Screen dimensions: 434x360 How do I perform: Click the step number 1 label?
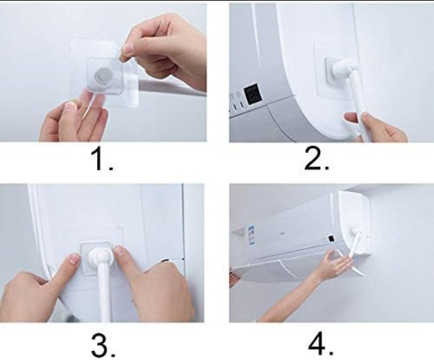pyautogui.click(x=101, y=158)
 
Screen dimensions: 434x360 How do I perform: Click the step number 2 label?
pyautogui.click(x=317, y=158)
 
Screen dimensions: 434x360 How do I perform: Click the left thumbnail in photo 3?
pyautogui.click(x=75, y=259)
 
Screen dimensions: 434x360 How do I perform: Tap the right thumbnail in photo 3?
pyautogui.click(x=121, y=252)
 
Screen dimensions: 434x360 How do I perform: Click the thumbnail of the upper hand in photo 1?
pyautogui.click(x=128, y=49)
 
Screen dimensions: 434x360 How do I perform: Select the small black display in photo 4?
pyautogui.click(x=331, y=238)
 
